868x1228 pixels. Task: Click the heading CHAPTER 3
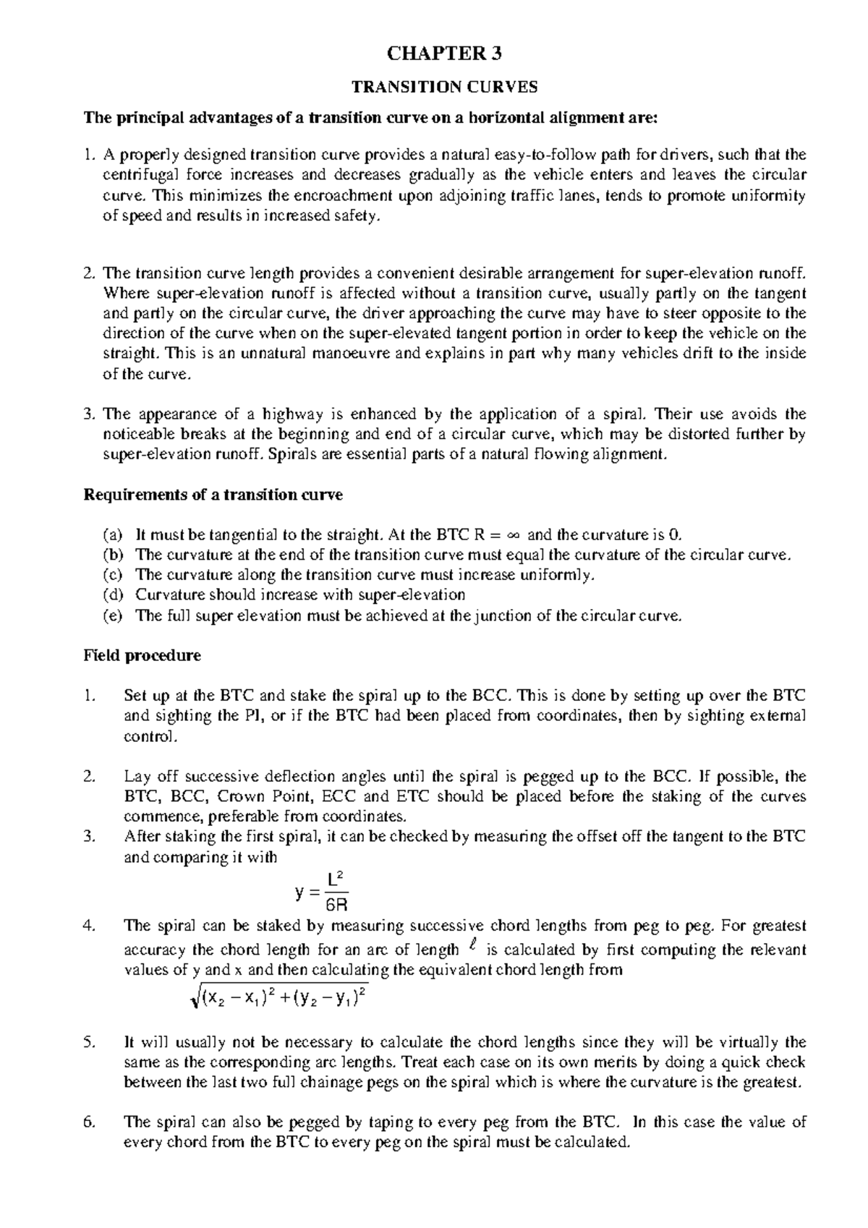(444, 54)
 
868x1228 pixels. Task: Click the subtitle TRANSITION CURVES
(444, 88)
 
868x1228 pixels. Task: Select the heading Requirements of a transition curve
(213, 495)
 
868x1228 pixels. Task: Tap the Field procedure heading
(142, 656)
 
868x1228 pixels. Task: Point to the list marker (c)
(113, 575)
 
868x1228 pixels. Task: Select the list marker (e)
(113, 615)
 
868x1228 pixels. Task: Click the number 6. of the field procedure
(89, 1123)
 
